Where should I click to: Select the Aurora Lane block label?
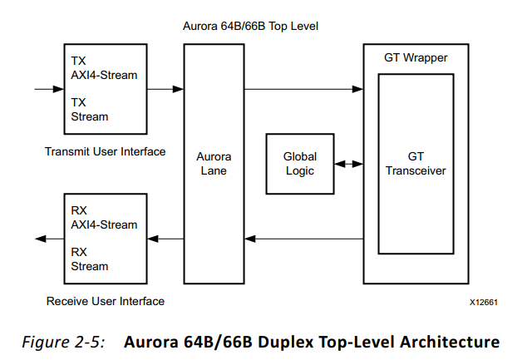click(214, 163)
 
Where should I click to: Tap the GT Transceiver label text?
click(427, 163)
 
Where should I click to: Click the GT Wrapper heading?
click(416, 57)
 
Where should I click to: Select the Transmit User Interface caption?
click(105, 151)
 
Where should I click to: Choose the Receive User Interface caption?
click(105, 301)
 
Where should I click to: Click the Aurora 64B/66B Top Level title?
click(250, 27)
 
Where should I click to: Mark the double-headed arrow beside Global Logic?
click(349, 163)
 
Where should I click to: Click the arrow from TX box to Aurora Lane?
click(165, 87)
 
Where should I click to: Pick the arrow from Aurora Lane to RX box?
click(165, 239)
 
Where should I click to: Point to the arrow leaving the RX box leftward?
click(48, 239)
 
